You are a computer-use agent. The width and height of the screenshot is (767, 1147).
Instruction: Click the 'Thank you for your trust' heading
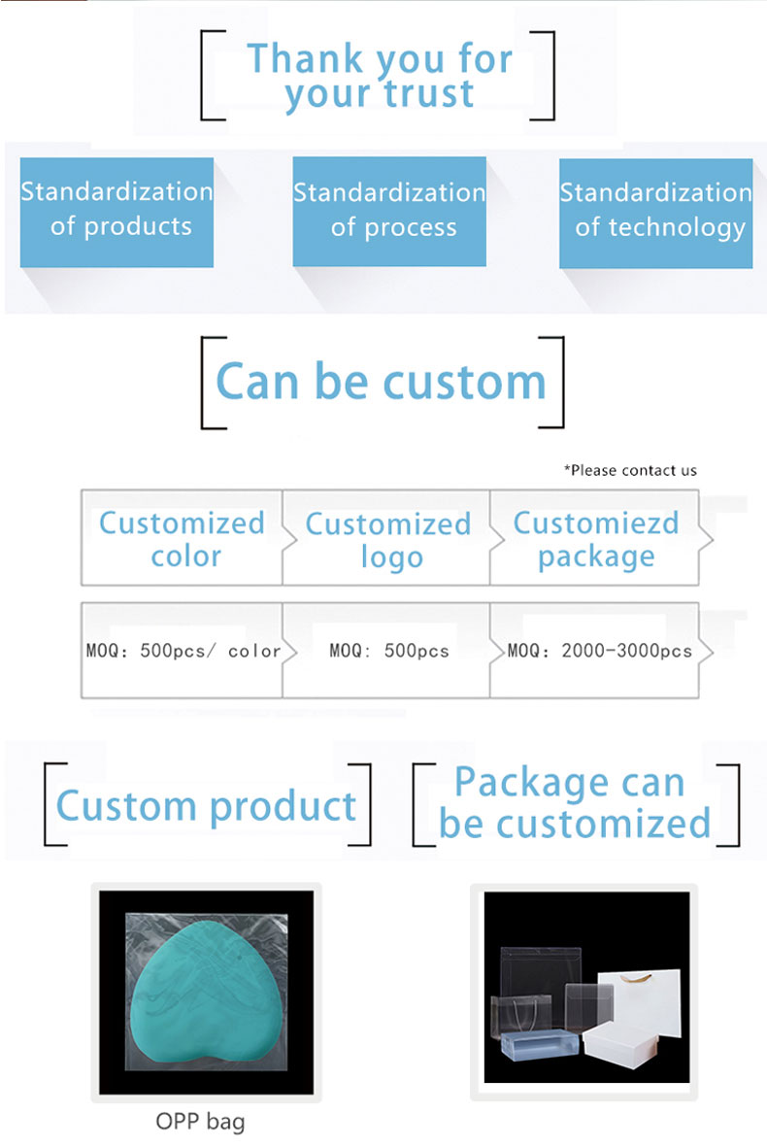coord(380,76)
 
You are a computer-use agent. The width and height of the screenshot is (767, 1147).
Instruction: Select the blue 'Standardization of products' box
coord(117,212)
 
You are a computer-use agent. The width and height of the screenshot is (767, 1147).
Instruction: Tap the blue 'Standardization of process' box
coord(389,212)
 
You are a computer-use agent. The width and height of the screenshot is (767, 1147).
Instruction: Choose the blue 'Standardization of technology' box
coord(656,213)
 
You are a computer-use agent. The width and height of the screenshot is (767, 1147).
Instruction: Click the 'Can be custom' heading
coord(381,382)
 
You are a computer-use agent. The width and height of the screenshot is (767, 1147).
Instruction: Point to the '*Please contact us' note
coord(630,470)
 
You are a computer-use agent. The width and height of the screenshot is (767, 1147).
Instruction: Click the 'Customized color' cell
coord(182,538)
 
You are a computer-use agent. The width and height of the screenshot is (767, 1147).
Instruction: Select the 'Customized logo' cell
coord(386,538)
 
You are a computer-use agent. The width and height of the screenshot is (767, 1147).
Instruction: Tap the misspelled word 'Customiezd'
coord(596,523)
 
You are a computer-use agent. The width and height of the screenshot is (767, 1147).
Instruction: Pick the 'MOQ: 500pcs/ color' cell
coord(183,651)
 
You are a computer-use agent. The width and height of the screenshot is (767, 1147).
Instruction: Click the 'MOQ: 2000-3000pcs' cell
coord(594,651)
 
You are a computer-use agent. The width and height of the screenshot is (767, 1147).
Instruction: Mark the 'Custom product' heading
coord(206,807)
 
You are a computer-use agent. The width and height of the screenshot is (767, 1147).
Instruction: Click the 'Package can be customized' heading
coord(575,803)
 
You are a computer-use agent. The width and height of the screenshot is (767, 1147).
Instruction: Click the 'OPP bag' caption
coord(200,1122)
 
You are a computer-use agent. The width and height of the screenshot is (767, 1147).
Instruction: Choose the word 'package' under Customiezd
coord(596,557)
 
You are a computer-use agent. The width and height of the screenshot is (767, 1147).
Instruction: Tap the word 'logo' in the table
coord(392,557)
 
